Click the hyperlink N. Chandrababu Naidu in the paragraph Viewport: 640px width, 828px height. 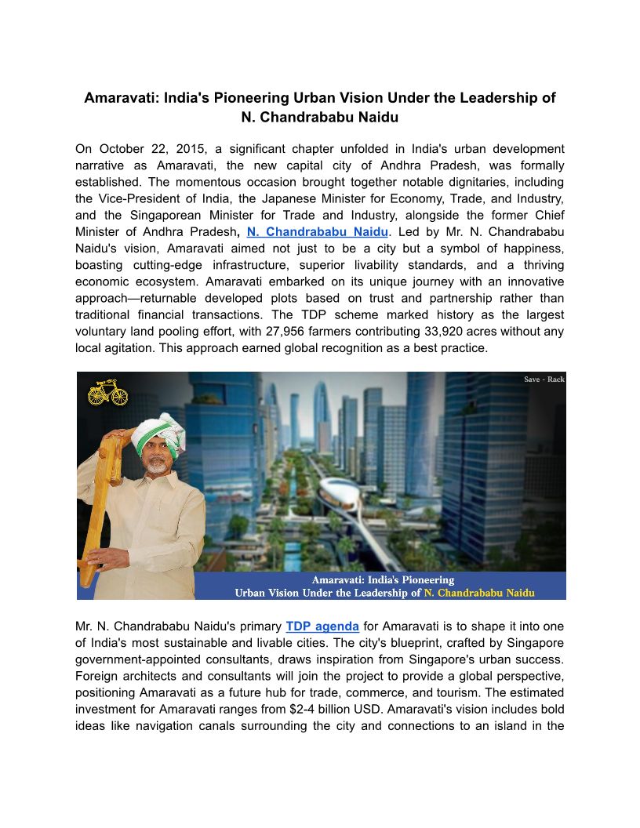[x=317, y=232]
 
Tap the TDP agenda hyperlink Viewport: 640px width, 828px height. [x=322, y=626]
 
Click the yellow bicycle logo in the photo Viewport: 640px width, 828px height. [x=107, y=391]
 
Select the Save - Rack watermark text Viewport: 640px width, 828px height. [x=544, y=379]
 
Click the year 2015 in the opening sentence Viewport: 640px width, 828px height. [x=169, y=149]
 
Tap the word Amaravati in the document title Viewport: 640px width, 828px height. [x=119, y=99]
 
